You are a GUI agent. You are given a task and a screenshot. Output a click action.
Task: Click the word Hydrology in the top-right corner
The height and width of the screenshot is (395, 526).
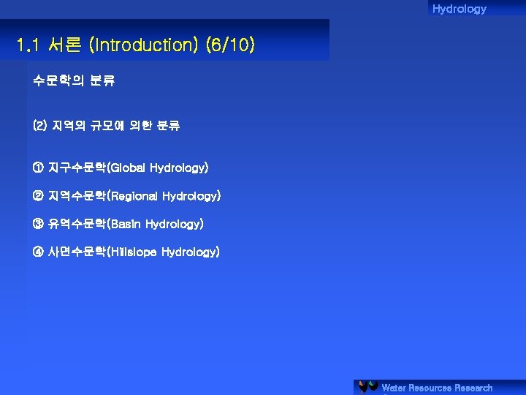(459, 9)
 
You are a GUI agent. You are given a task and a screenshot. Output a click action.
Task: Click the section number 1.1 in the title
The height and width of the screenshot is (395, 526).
(28, 45)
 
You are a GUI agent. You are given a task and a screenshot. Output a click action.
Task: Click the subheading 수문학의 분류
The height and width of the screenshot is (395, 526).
(74, 81)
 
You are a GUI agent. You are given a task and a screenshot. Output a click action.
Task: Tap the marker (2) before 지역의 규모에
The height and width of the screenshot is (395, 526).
(39, 127)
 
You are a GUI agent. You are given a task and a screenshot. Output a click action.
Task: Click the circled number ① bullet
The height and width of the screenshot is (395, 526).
(38, 168)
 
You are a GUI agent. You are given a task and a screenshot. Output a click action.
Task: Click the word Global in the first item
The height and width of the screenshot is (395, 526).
(128, 168)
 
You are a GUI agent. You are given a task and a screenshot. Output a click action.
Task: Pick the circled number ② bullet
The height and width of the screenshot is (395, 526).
(38, 196)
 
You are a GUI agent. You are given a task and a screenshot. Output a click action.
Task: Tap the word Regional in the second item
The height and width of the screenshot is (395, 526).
(134, 196)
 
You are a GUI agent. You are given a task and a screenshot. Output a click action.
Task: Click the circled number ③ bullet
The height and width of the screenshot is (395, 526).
(38, 224)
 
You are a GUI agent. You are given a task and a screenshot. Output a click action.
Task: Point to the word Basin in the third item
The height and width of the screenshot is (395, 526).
(126, 224)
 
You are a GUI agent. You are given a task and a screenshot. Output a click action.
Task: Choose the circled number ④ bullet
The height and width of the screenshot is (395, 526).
(38, 252)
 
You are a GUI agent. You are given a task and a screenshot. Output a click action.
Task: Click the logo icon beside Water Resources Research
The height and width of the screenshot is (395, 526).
(368, 387)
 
